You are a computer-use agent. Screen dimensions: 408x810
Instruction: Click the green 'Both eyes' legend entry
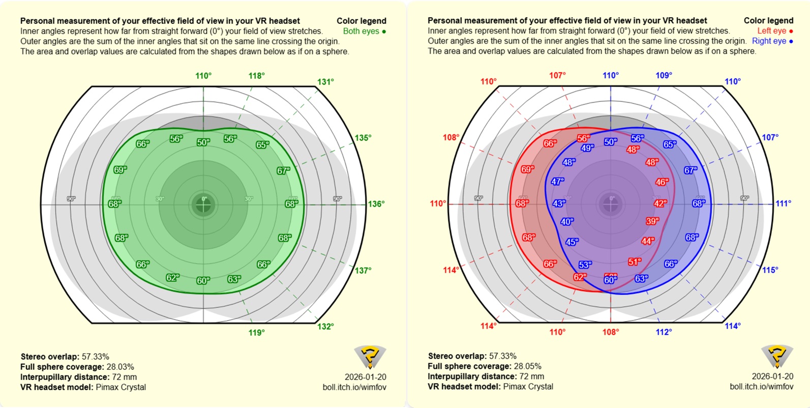click(364, 31)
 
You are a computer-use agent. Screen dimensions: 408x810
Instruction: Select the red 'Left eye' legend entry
click(774, 31)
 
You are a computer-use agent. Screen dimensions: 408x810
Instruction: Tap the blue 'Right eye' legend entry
click(772, 41)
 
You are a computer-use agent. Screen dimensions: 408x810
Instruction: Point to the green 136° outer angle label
click(376, 204)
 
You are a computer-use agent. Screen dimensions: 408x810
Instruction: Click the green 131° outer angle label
click(325, 82)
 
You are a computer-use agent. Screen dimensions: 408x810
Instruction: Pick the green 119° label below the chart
click(256, 333)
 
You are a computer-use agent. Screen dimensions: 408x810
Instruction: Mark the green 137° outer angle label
click(363, 271)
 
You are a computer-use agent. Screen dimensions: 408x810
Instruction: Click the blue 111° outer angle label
click(783, 203)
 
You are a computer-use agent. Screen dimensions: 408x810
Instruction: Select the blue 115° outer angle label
click(770, 270)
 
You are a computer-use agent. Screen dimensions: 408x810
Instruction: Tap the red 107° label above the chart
click(557, 75)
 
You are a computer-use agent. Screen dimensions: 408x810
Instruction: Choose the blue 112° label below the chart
click(664, 332)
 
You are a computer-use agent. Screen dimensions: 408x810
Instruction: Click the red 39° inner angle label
click(652, 221)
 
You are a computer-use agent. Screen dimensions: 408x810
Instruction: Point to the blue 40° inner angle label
click(567, 222)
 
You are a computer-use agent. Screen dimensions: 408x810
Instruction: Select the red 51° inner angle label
click(634, 262)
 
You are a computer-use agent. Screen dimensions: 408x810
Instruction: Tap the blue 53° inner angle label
click(585, 265)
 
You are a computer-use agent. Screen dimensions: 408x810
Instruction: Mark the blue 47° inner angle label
click(558, 182)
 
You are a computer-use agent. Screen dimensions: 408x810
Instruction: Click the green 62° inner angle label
click(173, 278)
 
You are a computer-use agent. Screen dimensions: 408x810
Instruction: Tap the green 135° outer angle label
click(363, 138)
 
